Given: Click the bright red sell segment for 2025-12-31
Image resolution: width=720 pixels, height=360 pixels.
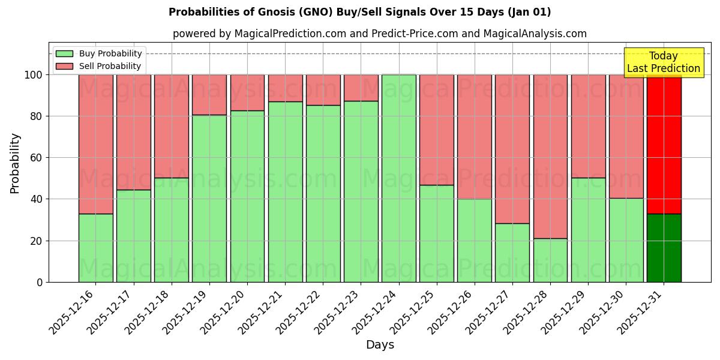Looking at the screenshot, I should point(664,144).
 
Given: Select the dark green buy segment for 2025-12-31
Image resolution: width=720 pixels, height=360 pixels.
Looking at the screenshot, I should point(664,248).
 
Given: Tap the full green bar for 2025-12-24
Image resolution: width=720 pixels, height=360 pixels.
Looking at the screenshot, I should point(398,178).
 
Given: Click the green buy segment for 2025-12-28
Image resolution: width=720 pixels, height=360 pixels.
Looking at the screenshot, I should point(550,260).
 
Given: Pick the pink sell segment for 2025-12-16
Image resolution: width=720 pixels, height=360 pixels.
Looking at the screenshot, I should point(95,144).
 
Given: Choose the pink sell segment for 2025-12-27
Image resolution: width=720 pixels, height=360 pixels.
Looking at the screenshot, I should point(512,149).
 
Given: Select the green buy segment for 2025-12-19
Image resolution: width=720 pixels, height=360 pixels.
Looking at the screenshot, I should point(209,198).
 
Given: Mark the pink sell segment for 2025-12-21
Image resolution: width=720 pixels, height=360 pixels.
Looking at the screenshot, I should point(285,88).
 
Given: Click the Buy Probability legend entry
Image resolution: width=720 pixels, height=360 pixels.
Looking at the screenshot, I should point(99,53).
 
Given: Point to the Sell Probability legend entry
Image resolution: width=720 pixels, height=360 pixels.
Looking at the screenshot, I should point(99,66).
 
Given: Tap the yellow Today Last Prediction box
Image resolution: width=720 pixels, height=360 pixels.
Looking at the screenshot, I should point(663,62).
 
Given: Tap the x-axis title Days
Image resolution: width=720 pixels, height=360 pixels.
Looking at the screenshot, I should point(380,345).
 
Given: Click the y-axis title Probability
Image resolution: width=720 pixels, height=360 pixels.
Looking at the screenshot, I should point(15,163).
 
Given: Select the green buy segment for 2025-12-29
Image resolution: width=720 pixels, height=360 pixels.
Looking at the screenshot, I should point(588,230).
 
